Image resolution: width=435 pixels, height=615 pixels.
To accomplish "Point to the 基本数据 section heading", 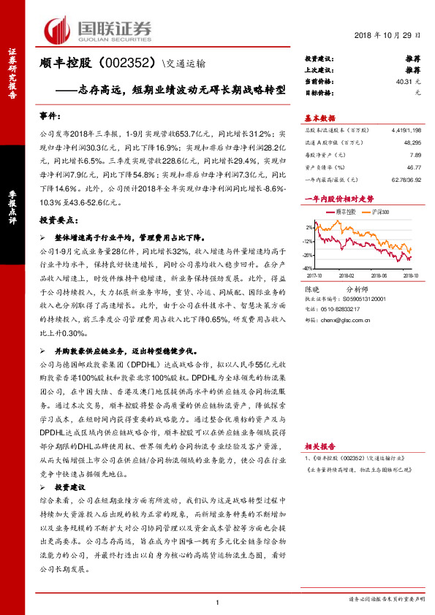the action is click(x=319, y=118).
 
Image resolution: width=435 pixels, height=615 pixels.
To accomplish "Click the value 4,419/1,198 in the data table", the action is click(x=406, y=129).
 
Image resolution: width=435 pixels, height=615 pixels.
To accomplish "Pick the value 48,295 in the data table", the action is click(x=412, y=142).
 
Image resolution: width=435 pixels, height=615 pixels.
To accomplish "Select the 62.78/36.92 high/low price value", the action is click(x=406, y=180).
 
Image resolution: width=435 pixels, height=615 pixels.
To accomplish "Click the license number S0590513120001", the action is click(x=364, y=299).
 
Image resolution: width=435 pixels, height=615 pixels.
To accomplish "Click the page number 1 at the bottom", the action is click(x=218, y=602).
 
